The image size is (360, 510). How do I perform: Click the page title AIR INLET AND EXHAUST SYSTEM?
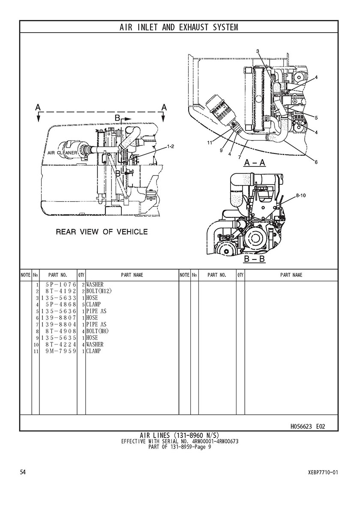[x=179, y=27]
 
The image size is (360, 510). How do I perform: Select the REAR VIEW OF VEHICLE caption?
[x=102, y=232]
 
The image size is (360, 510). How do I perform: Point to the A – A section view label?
[x=255, y=163]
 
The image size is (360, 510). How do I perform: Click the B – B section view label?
[x=255, y=259]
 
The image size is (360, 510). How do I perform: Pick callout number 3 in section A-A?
[x=257, y=51]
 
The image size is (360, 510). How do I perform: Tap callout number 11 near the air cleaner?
[x=210, y=142]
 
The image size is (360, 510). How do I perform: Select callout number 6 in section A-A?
[x=316, y=162]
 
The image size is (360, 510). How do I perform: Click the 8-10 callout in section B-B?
[x=300, y=196]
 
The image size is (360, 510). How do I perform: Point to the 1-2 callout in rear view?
[x=170, y=146]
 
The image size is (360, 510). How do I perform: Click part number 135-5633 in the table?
[x=58, y=298]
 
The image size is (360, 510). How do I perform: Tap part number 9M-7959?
[x=61, y=351]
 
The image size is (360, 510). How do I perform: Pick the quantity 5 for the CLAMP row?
[x=84, y=305]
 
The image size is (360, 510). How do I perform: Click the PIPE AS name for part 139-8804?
[x=96, y=324]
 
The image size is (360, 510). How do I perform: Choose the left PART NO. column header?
[x=58, y=275]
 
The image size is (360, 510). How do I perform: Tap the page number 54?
[x=23, y=472]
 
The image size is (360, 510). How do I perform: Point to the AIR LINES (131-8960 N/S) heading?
[x=180, y=435]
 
